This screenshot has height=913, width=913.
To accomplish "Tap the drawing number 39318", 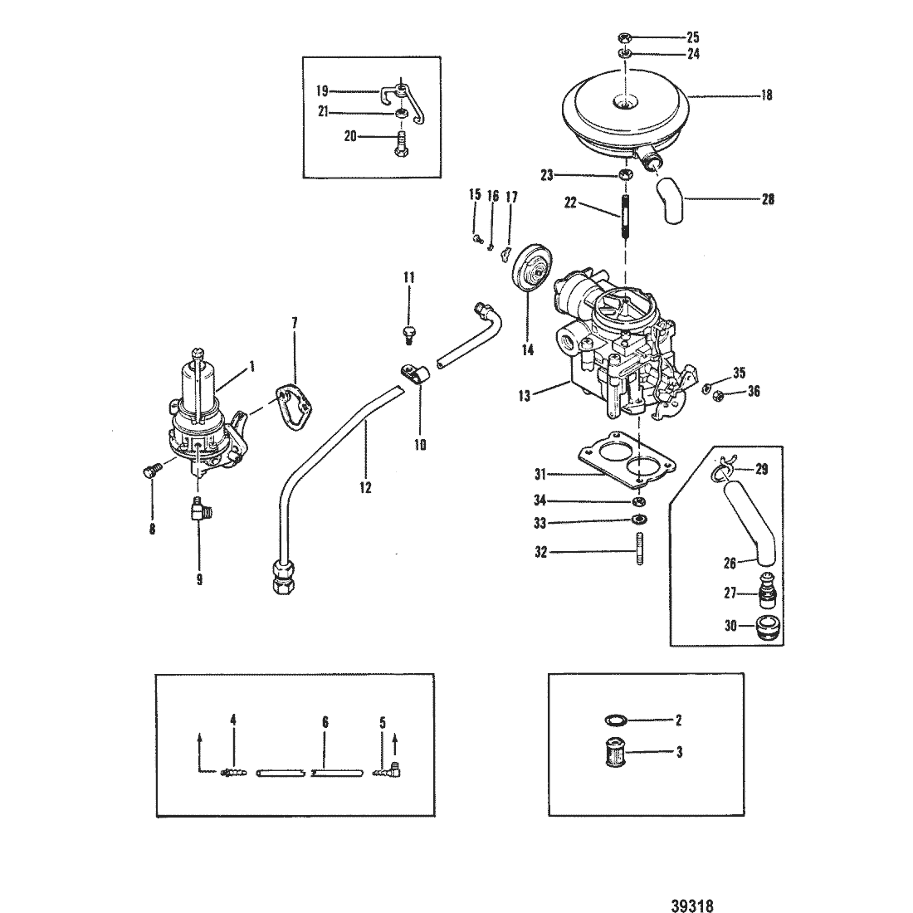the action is (x=692, y=906).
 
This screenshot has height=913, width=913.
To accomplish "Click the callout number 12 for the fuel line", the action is (x=365, y=487).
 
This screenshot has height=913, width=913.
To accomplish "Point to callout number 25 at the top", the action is (x=692, y=37).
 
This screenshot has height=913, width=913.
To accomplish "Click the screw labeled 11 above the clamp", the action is (x=408, y=334).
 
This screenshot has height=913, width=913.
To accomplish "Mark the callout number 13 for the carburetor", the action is (x=524, y=396).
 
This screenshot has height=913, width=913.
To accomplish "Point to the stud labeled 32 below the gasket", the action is (x=639, y=549).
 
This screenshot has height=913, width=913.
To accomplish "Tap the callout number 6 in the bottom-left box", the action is (x=325, y=723).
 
